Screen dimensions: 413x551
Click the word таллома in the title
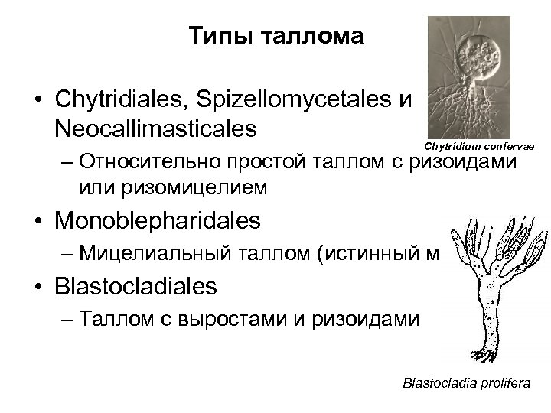312,36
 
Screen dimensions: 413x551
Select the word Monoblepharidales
158,222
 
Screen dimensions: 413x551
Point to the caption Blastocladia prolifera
466,383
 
